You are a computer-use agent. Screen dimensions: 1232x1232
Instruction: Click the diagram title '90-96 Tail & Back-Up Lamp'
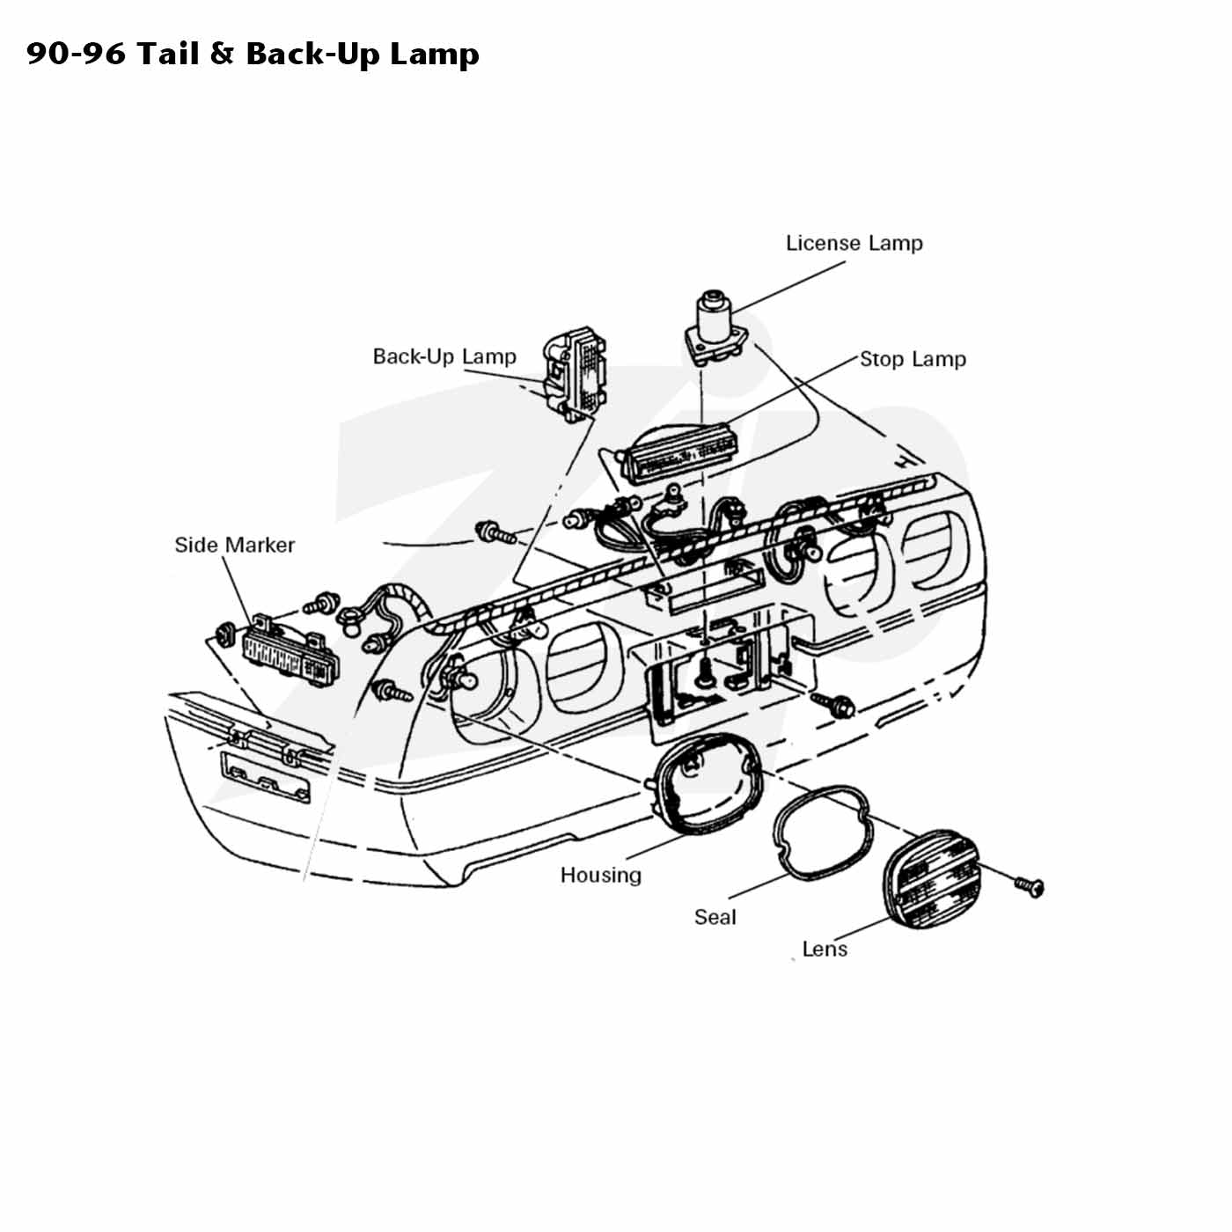[x=253, y=54]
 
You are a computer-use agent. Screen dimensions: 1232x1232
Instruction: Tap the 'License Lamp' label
[x=854, y=243]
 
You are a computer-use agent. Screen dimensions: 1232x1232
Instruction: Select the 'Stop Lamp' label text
[x=913, y=359]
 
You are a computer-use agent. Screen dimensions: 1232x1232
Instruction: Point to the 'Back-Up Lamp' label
[x=444, y=356]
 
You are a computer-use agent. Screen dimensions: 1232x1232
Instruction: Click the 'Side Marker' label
[x=235, y=545]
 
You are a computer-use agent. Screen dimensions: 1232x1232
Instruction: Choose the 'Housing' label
[x=600, y=876]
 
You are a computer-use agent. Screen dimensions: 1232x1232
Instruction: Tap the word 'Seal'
[x=715, y=917]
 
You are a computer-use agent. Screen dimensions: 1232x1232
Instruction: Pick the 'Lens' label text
[x=825, y=949]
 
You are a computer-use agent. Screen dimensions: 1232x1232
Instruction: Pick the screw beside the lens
[x=1030, y=886]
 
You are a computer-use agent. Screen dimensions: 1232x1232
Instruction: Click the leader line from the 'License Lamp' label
[x=789, y=286]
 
